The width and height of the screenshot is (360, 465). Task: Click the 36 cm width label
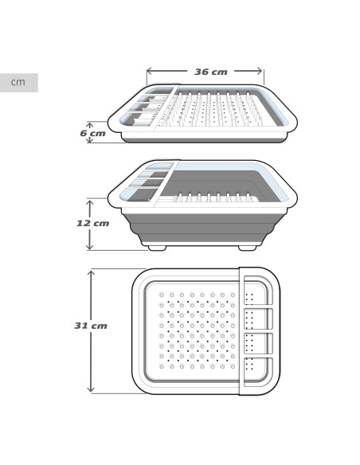pos(211,72)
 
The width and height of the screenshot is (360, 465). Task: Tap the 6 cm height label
pos(93,133)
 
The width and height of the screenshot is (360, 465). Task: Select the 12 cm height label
pos(93,223)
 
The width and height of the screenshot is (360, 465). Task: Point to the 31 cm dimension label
pos(91,326)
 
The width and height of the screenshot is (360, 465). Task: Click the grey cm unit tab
pos(18,83)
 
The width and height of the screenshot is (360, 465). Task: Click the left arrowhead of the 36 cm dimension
pos(150,71)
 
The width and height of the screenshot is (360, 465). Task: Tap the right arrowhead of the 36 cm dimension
pos(260,71)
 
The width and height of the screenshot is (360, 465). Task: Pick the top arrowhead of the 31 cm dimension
pos(91,273)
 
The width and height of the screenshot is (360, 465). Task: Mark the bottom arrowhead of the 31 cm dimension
pos(91,389)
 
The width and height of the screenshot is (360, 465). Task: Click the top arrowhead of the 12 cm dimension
pos(89,203)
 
